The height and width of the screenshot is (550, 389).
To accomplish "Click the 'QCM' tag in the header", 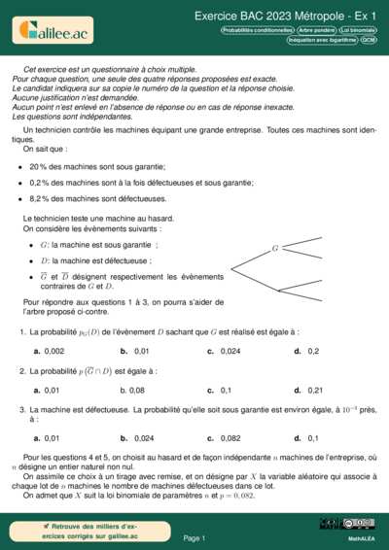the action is coord(369,41).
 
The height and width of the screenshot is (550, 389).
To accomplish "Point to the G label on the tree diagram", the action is coord(275,249).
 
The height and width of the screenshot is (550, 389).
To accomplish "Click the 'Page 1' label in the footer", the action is coord(194,537).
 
